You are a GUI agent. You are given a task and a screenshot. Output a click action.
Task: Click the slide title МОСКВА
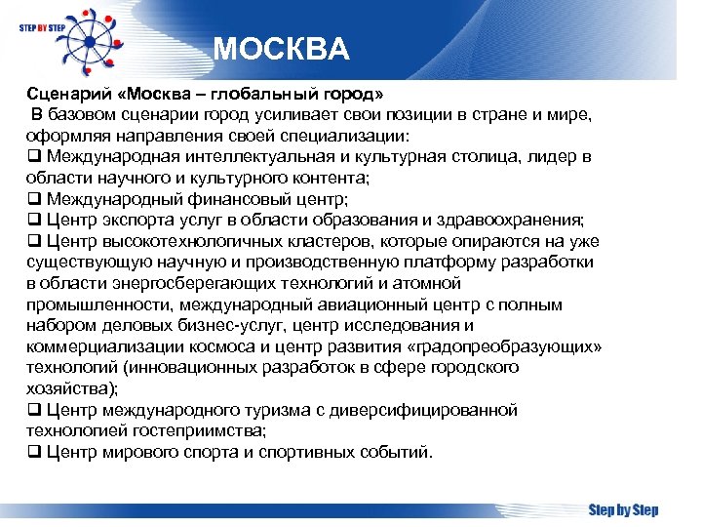(x=280, y=50)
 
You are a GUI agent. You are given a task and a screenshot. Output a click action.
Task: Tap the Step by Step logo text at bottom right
(x=623, y=509)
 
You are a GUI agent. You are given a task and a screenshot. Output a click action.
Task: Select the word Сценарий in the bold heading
(x=62, y=94)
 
